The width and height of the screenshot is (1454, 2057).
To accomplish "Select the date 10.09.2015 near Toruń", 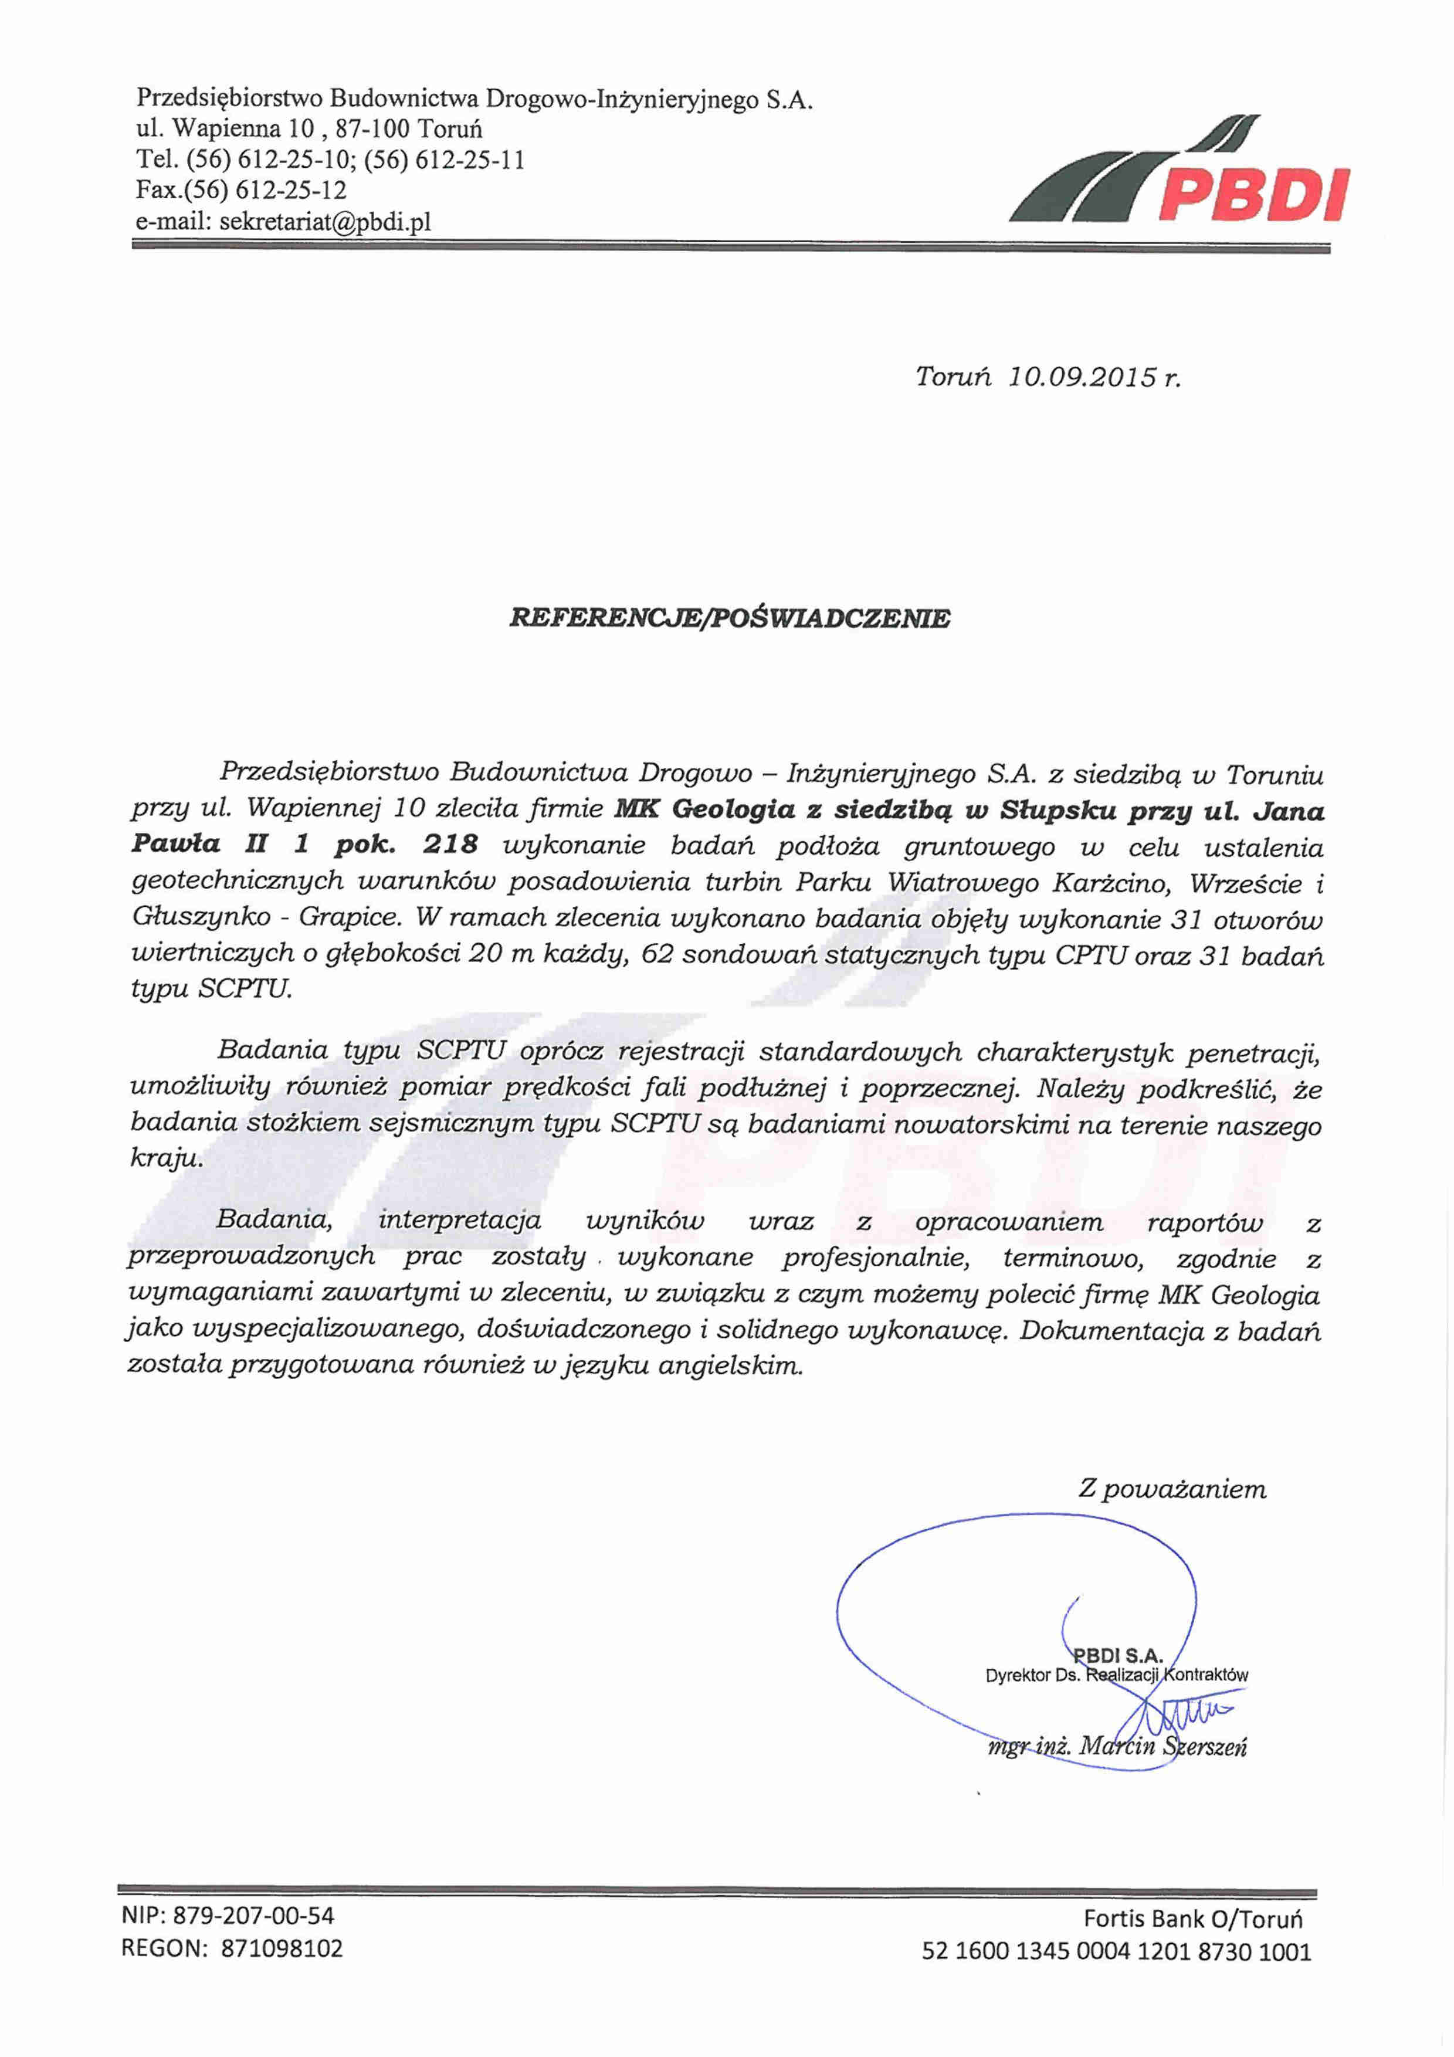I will [x=1082, y=377].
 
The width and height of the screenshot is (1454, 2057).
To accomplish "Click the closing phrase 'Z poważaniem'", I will [x=1172, y=1489].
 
